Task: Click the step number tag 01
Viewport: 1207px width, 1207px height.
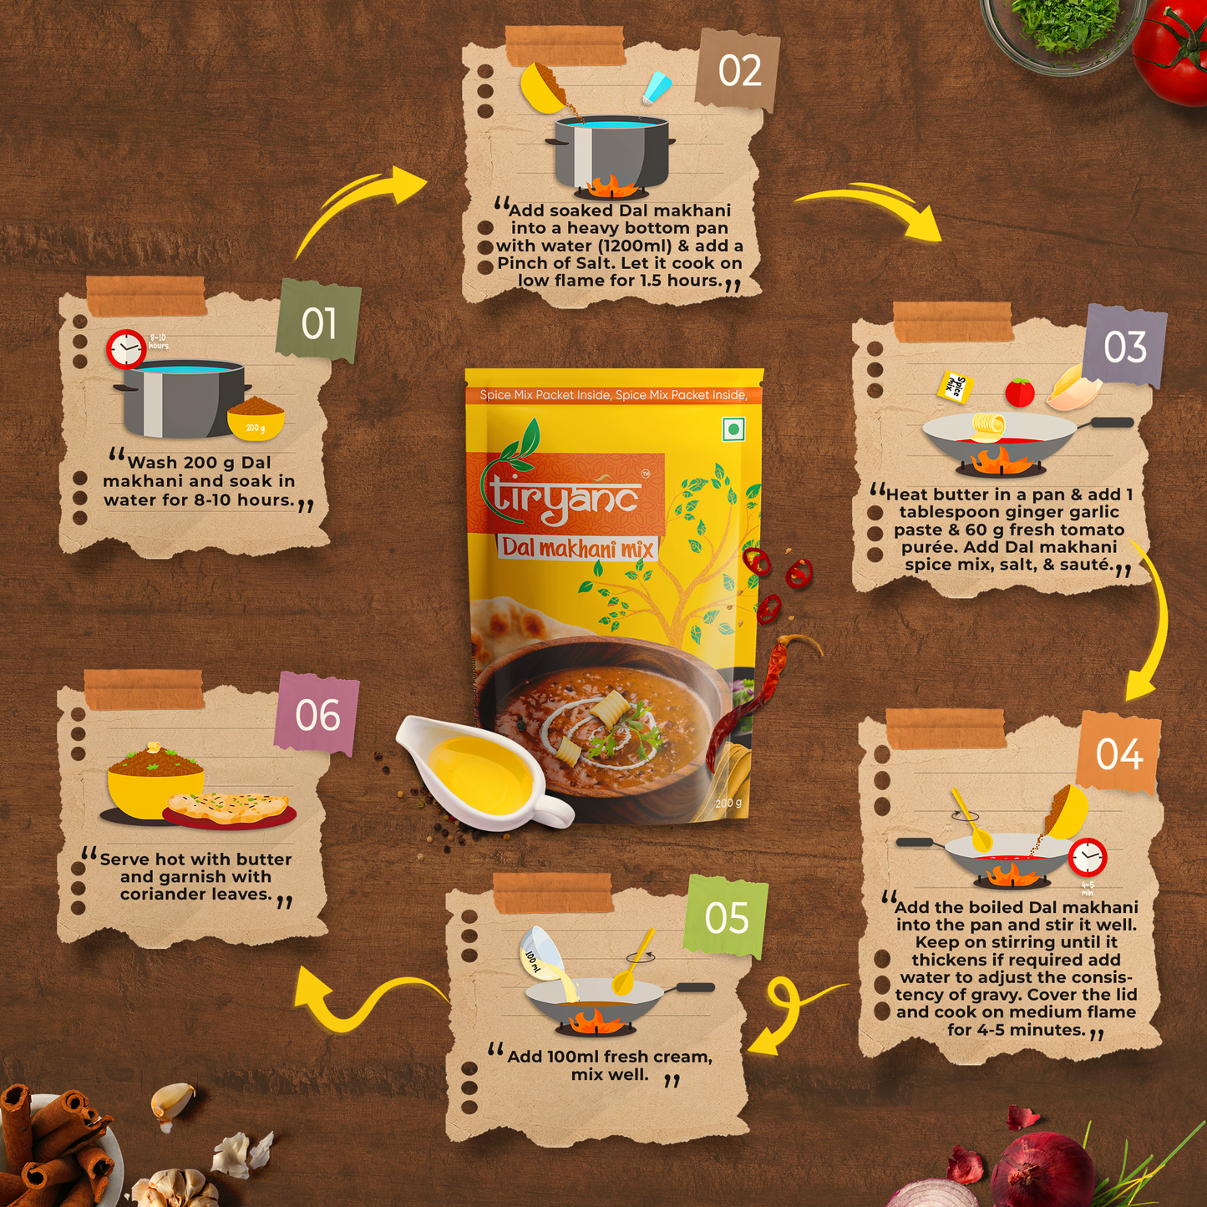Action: click(x=318, y=322)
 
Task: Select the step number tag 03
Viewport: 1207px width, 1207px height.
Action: click(x=1124, y=347)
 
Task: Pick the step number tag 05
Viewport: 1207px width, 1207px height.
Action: click(x=727, y=917)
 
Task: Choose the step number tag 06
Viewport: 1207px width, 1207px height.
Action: click(x=317, y=714)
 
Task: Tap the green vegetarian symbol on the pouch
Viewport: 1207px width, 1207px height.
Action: click(x=733, y=429)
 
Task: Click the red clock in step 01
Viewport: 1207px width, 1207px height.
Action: click(x=126, y=348)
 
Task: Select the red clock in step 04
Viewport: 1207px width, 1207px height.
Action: click(x=1088, y=856)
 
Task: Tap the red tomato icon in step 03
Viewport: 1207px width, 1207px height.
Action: click(x=1020, y=392)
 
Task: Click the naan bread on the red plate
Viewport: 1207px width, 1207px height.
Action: click(x=229, y=808)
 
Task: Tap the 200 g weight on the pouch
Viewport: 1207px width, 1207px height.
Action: click(x=728, y=803)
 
